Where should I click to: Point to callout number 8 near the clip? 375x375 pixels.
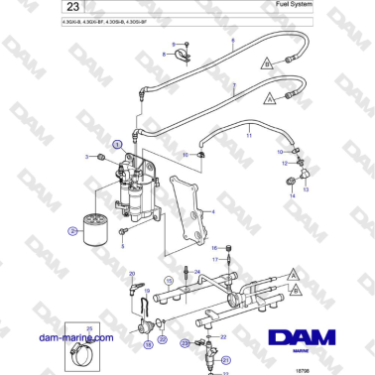pyautogui.click(x=175, y=46)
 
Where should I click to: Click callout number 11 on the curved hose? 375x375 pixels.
pyautogui.click(x=249, y=133)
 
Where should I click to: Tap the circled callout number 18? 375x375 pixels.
pyautogui.click(x=149, y=345)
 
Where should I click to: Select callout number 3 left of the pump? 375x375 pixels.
pyautogui.click(x=87, y=158)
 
